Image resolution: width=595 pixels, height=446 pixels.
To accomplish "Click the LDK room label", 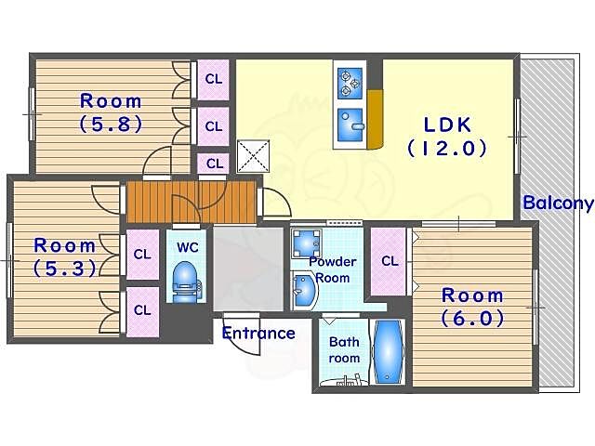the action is [x=447, y=137].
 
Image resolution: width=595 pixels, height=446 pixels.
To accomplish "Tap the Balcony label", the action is [x=558, y=203].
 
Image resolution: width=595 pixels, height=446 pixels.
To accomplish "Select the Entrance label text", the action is [x=258, y=333].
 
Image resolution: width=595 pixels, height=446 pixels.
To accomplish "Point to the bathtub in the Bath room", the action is [x=388, y=351].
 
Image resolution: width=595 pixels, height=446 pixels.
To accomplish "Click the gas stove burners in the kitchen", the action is [x=350, y=84].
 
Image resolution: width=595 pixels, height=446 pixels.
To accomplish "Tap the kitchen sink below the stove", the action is [x=350, y=125].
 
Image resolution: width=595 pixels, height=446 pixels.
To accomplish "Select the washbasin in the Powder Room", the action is [x=304, y=291].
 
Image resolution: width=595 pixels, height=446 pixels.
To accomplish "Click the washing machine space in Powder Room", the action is [x=306, y=243].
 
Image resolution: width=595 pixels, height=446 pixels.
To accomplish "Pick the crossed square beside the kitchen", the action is [x=253, y=156].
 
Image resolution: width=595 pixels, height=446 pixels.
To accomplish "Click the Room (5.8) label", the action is [x=111, y=112].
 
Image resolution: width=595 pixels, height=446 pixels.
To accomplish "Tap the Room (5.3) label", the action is [x=64, y=256].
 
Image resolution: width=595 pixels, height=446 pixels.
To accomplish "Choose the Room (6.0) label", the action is [x=472, y=307].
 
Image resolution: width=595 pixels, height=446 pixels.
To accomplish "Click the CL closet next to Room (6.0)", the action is [x=390, y=261].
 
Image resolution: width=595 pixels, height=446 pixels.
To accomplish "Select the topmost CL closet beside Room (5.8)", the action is [x=213, y=79].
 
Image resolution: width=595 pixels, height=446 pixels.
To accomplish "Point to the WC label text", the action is [x=188, y=247].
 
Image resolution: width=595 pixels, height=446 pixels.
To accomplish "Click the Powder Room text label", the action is [x=333, y=269].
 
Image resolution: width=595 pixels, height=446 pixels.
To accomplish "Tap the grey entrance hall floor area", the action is [x=248, y=269].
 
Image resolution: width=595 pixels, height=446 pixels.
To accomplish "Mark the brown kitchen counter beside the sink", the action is [x=374, y=120].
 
